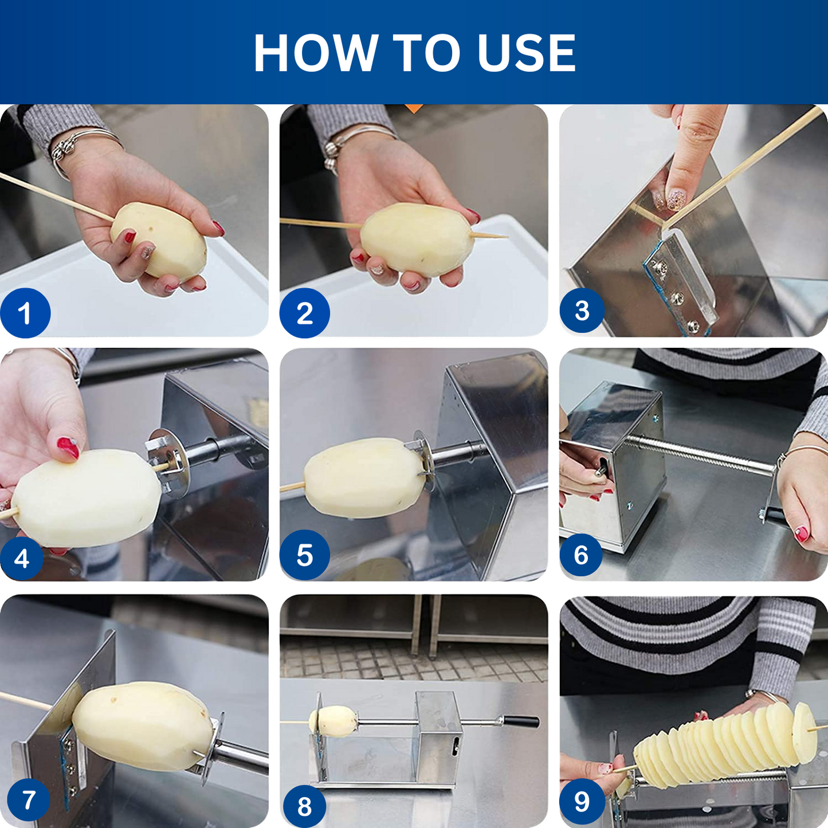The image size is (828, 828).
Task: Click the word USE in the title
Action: [527, 52]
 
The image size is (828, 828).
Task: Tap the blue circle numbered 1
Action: [25, 313]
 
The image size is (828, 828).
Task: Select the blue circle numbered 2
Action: [305, 313]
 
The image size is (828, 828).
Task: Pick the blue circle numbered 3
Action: [582, 310]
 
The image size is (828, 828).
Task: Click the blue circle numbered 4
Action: [21, 558]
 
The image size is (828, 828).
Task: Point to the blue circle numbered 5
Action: [305, 555]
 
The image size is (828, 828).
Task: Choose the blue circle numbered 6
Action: [581, 555]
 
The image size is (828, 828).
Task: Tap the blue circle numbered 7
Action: [29, 800]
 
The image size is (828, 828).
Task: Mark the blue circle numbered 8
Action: [304, 806]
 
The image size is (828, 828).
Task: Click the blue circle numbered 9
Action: [582, 801]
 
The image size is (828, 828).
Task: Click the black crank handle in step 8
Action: [521, 721]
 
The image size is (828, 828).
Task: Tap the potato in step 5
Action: [364, 478]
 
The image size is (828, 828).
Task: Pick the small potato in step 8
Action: [333, 721]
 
